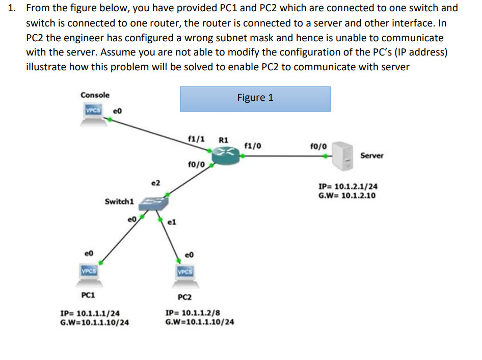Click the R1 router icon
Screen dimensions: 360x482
[x=226, y=154]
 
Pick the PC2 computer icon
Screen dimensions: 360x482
[x=186, y=272]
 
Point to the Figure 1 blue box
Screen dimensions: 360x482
[x=255, y=98]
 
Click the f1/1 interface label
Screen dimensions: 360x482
[x=197, y=139]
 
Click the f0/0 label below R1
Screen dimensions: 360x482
[x=196, y=164]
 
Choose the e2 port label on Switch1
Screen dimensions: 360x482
[x=156, y=182]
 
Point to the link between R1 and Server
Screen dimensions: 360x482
[x=285, y=156]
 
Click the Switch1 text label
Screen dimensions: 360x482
[x=119, y=201]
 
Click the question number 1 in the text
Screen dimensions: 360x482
[x=14, y=8]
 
